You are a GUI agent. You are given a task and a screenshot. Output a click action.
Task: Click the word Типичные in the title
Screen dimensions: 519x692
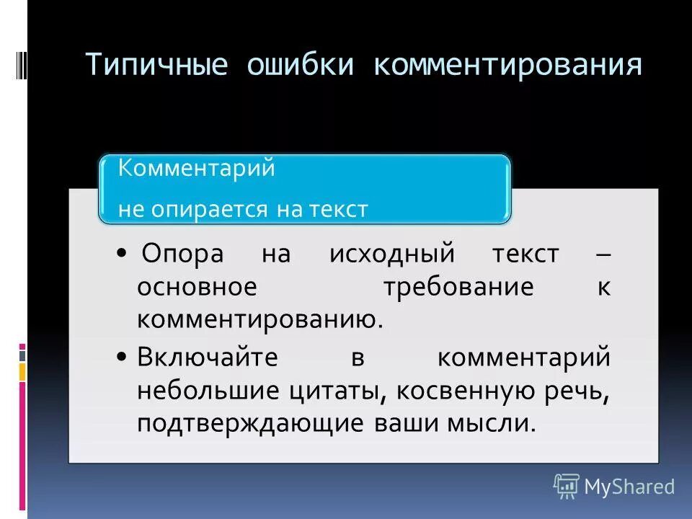[156, 65]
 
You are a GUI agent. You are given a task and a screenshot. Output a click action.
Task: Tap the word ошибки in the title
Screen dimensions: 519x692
[301, 65]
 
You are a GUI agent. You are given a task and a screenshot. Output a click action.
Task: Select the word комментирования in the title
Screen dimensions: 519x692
[507, 65]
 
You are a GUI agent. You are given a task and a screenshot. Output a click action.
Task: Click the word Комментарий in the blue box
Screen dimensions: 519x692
[197, 168]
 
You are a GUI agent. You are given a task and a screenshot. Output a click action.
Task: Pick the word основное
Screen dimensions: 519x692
[197, 287]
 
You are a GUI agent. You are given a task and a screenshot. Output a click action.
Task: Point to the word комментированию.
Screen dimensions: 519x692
[259, 319]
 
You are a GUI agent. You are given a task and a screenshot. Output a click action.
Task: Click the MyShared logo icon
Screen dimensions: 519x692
[566, 486]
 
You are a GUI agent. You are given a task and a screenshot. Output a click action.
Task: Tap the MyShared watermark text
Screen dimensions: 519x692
[629, 487]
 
